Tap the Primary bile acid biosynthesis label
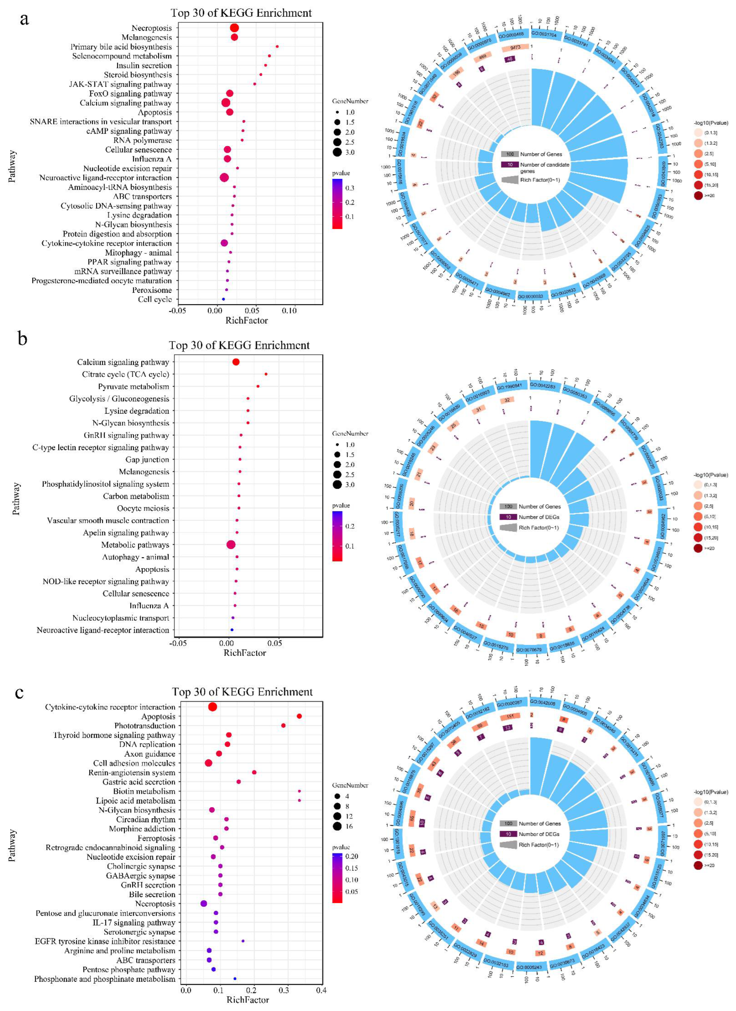pos(121,47)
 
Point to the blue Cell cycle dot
pos(223,299)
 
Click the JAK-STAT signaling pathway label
pos(120,84)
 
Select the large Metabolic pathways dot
pos(231,545)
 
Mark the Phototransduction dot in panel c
pos(283,726)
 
